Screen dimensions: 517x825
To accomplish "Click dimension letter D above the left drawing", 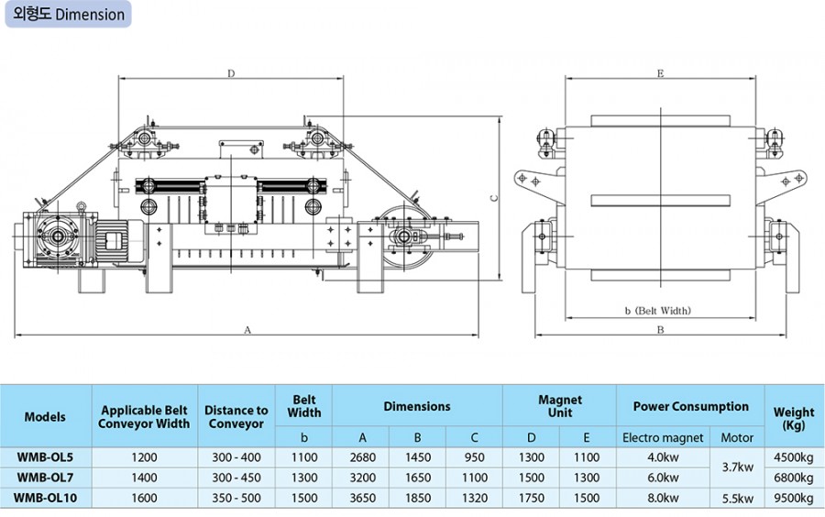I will click(231, 72).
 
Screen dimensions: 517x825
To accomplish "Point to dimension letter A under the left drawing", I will click(248, 328).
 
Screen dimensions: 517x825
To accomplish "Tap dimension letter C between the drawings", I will click(491, 197).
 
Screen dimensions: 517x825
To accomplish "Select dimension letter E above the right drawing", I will click(659, 72).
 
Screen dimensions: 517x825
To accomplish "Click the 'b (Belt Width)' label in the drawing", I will click(657, 311).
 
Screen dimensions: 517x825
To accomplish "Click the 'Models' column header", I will click(45, 416).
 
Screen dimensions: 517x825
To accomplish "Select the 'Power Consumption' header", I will click(691, 406).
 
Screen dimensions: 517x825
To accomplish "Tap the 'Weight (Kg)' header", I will click(794, 416).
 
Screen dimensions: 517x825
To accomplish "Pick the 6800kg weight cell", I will click(794, 477).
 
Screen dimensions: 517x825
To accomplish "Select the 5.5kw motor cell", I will click(738, 497).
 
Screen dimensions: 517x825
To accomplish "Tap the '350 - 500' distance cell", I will click(236, 497).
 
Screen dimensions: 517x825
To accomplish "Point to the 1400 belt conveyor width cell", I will click(144, 477).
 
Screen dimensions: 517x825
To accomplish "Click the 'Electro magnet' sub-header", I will click(663, 437).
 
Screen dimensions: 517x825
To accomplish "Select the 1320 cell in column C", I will click(474, 497).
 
